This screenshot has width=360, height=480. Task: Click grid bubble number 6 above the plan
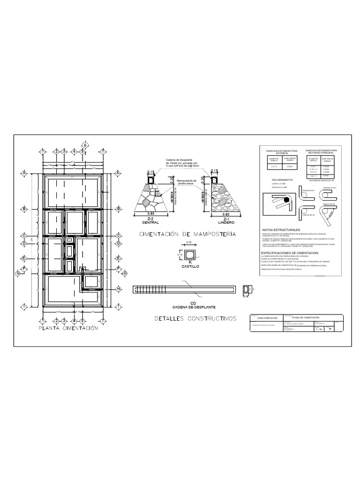pyautogui.click(x=85, y=145)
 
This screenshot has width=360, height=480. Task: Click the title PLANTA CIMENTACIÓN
pyautogui.click(x=68, y=329)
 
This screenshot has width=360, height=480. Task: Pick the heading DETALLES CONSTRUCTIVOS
pyautogui.click(x=195, y=319)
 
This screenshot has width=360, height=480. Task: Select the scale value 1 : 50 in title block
pyautogui.click(x=318, y=330)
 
